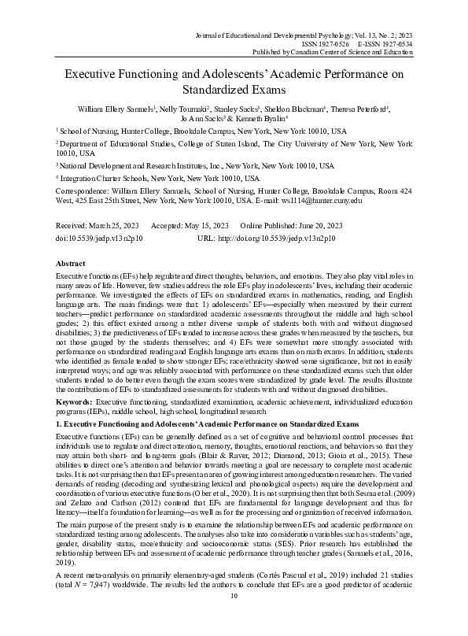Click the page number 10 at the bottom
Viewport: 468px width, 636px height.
(234, 619)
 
